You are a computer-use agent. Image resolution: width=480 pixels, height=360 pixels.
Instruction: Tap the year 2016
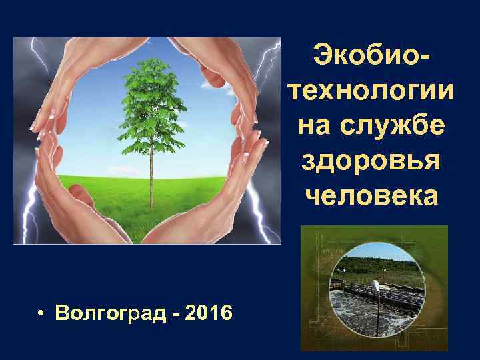[x=209, y=311]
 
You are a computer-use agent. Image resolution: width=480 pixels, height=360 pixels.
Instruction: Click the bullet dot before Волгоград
[x=41, y=312]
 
